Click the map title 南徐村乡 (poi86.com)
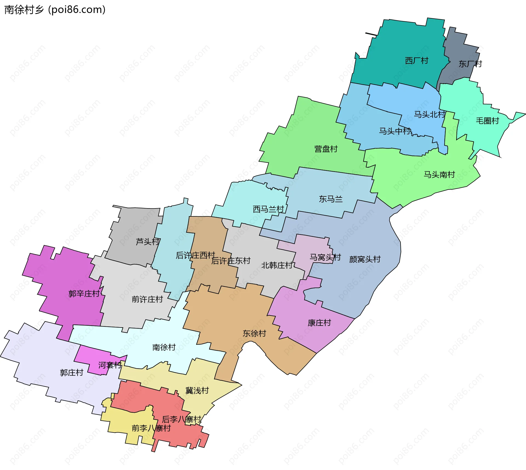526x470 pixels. click(55, 10)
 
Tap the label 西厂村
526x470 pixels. click(416, 61)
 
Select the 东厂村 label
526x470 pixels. click(470, 64)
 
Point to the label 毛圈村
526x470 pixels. click(487, 121)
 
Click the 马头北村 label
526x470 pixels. click(429, 114)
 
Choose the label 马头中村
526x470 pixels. click(395, 131)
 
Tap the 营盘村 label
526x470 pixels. click(326, 149)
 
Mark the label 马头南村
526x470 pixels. click(439, 175)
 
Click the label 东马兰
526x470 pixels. click(331, 199)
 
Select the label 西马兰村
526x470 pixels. click(268, 209)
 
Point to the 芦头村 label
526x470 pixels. click(148, 242)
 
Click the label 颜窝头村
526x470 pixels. click(365, 259)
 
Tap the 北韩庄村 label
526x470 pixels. click(277, 265)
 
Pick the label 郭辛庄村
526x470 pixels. click(84, 294)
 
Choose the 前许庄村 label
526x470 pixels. click(147, 299)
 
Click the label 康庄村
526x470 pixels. click(319, 323)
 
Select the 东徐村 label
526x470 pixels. click(254, 333)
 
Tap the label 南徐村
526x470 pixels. click(164, 347)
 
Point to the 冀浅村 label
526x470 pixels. click(197, 391)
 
